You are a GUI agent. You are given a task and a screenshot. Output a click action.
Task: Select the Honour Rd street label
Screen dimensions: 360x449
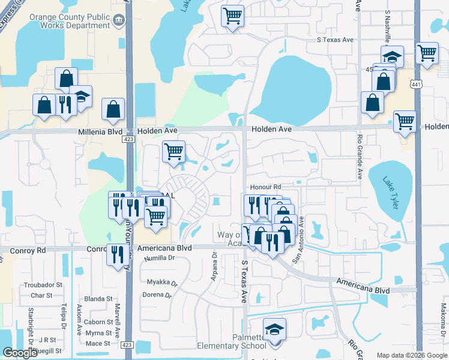point(266,187)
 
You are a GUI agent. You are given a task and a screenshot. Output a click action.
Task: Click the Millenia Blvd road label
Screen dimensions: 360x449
point(100,131)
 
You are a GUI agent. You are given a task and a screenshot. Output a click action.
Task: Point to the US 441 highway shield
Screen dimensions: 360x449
point(417,85)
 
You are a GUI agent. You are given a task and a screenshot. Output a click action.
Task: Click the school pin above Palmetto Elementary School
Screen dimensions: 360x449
point(274,330)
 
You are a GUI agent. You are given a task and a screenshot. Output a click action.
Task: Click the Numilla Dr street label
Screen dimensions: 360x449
point(159,258)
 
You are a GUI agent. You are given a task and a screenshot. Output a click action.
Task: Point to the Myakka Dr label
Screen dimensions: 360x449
point(163,281)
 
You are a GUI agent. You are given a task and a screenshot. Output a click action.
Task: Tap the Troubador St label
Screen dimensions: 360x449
point(43,284)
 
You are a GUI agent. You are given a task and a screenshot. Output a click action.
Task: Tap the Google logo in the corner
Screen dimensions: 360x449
point(20,353)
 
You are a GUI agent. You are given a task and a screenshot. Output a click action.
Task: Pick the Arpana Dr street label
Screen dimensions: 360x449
point(214,265)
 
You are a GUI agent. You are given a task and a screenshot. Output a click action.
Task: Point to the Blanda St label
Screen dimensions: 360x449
point(98,298)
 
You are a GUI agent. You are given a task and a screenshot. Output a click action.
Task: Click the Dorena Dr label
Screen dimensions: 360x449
point(157,295)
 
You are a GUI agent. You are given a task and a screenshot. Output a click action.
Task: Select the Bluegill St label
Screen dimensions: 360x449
point(49,350)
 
